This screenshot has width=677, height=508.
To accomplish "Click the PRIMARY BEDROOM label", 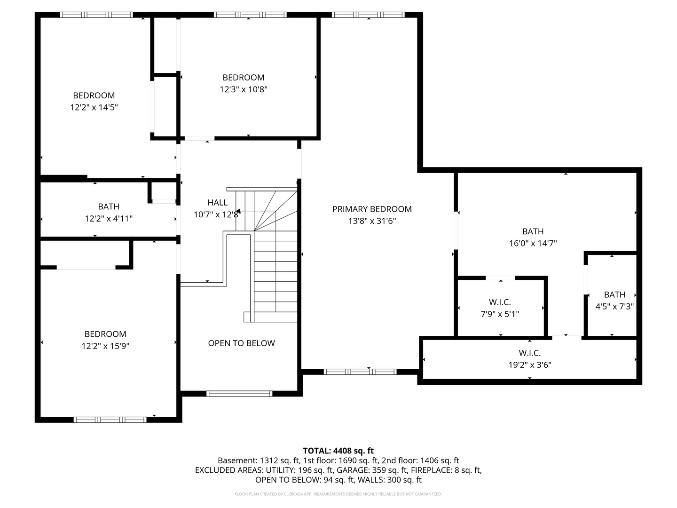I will click(x=371, y=209).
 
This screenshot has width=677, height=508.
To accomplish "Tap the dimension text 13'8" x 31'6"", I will click(x=371, y=221).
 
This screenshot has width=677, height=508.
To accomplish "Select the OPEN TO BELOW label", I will click(x=241, y=343).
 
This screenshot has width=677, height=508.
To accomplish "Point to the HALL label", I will click(x=217, y=203).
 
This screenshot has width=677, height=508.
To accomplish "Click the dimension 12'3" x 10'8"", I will click(x=244, y=89).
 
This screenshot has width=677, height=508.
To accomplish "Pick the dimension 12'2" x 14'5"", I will click(x=94, y=107).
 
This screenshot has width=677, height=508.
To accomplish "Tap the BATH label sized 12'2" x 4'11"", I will click(x=109, y=206).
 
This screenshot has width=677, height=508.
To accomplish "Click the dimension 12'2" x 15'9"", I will click(x=105, y=346).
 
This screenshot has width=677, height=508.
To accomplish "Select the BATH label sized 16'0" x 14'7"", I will click(x=533, y=231).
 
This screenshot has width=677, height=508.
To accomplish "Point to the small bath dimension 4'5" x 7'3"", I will click(x=614, y=306).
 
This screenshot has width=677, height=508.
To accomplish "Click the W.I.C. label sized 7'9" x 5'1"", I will click(x=500, y=302).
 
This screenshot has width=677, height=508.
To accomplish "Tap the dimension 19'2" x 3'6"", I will click(x=529, y=365).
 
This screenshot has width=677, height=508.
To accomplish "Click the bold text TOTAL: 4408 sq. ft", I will click(x=338, y=451).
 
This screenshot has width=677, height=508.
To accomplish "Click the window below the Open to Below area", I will click(x=239, y=394).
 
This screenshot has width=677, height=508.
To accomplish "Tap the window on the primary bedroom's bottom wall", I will click(x=360, y=372).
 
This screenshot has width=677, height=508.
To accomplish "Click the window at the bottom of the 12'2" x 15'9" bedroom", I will click(x=110, y=420).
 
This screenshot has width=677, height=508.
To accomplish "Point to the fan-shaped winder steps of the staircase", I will click(x=275, y=209).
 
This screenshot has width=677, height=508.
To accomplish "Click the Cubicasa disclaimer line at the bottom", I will click(x=338, y=494).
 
